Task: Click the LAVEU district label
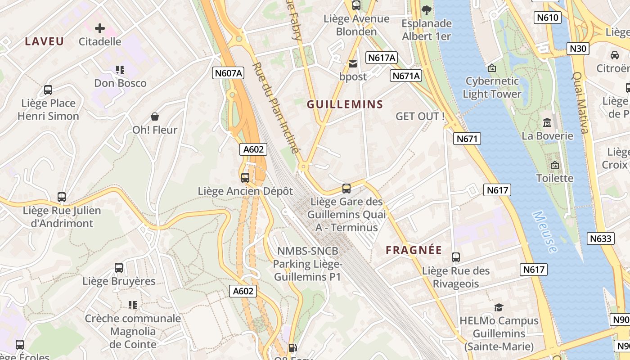44,41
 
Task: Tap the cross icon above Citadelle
100,28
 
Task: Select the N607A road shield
228,73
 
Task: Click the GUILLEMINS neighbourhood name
345,104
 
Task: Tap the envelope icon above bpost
353,64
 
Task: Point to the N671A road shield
406,76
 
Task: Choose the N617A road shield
382,58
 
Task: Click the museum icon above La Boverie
547,122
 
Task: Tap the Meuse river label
545,231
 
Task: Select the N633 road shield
601,238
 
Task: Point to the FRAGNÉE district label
414,250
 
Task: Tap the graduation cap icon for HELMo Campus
499,307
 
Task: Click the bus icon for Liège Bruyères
119,268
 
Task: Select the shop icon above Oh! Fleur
155,117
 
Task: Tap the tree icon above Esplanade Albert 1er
426,10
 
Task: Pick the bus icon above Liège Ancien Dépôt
245,177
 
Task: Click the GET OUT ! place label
420,116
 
